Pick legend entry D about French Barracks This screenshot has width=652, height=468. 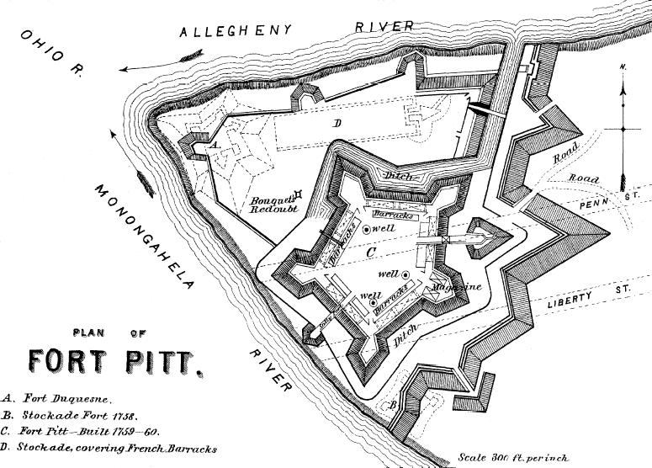click(x=109, y=449)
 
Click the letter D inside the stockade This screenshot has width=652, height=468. click(x=337, y=124)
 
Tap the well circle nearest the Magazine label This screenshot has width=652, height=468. click(x=406, y=274)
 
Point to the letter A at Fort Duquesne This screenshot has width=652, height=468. click(x=214, y=146)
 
